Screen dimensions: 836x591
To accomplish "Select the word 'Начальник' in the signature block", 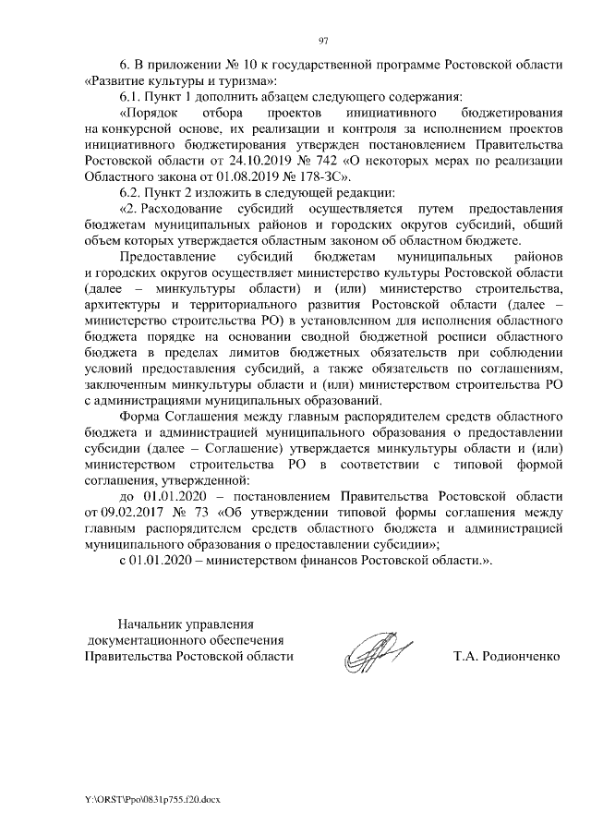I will point(149,624).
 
